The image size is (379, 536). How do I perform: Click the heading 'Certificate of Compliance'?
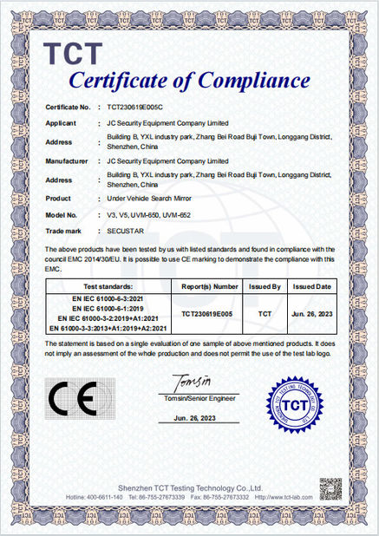[x=189, y=82]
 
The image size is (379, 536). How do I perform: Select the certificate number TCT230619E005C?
[x=141, y=107]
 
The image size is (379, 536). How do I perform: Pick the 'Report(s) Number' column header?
[x=209, y=285]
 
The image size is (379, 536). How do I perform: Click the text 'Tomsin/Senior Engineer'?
[x=191, y=398]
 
